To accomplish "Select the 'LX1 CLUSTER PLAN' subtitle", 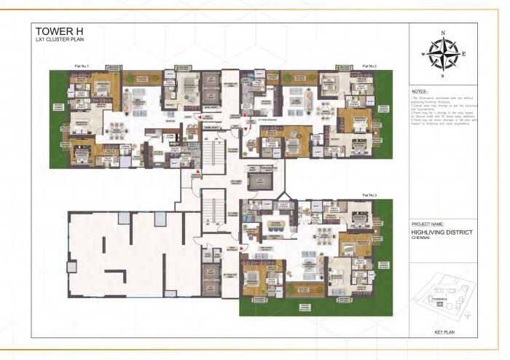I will click(x=57, y=41).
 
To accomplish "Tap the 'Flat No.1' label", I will click(x=81, y=66).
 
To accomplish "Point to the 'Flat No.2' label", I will click(x=367, y=66).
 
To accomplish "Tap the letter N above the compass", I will click(x=442, y=33).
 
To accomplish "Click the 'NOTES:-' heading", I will click(x=420, y=91).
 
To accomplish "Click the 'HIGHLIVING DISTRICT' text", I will click(x=442, y=232).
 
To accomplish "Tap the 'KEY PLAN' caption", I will click(x=444, y=332).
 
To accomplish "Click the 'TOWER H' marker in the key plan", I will click(x=438, y=300).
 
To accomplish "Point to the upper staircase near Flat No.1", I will click(x=213, y=154).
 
